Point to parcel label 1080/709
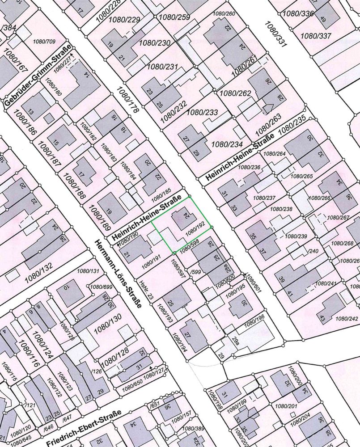[x=44, y=42]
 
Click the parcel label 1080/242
[x=347, y=318]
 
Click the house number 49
[x=323, y=18]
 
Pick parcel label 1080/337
[x=316, y=35]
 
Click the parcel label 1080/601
[x=253, y=283]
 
